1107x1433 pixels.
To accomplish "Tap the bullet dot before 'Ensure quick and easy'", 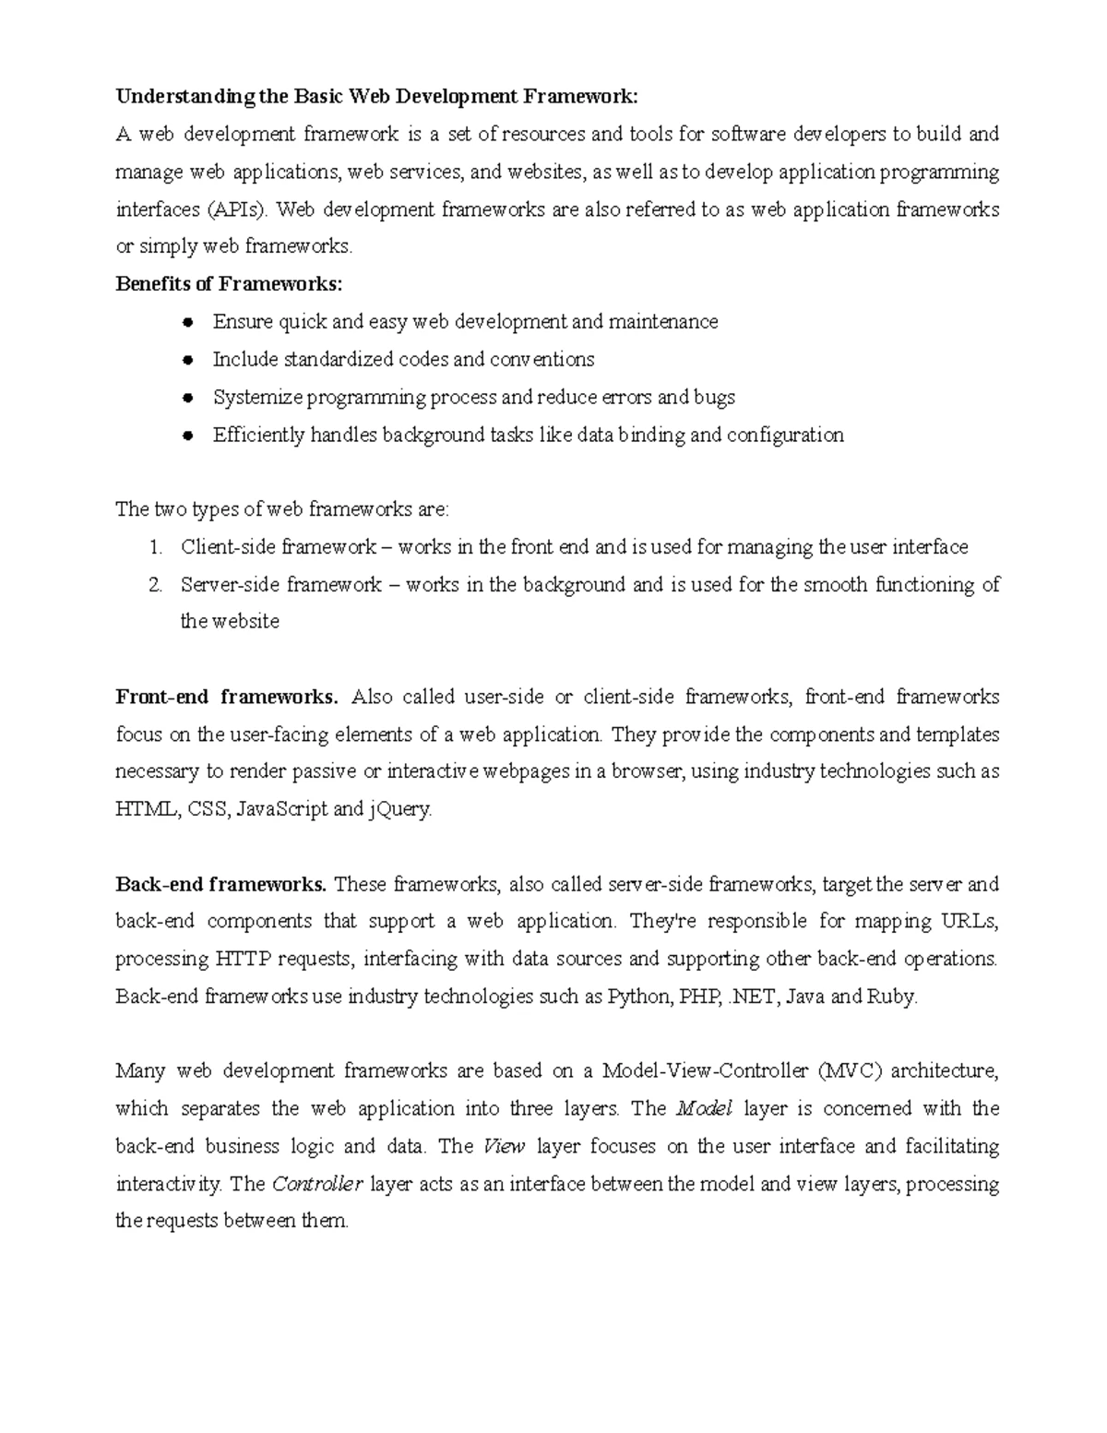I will [x=187, y=322].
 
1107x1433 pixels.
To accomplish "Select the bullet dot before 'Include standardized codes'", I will [x=187, y=360].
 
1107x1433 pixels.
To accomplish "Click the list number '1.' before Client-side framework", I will [x=156, y=547].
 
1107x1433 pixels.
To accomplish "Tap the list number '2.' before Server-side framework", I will [x=156, y=585].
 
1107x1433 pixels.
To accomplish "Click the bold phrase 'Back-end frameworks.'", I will [x=220, y=885].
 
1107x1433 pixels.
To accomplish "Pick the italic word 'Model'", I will [x=704, y=1109].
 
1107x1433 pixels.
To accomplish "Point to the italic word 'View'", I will [x=504, y=1147].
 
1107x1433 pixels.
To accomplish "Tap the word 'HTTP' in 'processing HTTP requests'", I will [x=244, y=960].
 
